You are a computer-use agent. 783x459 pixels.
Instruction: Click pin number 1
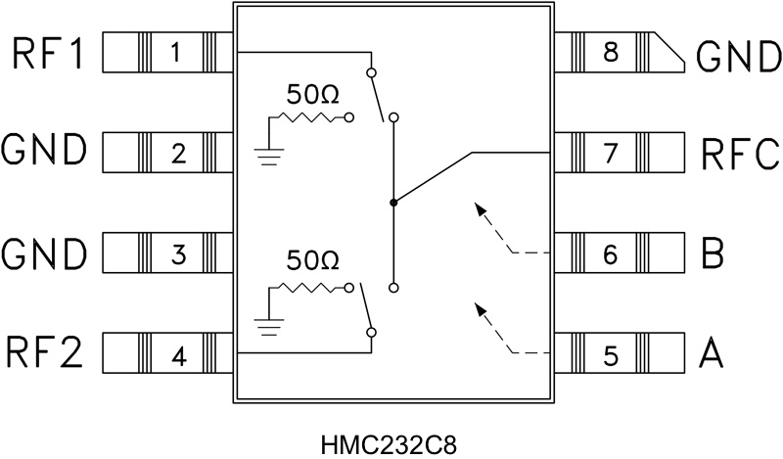tap(175, 52)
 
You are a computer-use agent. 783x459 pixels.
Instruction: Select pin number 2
tap(177, 153)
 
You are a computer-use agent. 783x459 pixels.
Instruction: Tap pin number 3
tap(178, 255)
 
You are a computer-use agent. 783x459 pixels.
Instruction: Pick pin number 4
tap(178, 356)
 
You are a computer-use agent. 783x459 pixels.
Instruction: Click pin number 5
tap(609, 356)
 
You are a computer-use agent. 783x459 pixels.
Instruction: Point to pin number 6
tap(609, 255)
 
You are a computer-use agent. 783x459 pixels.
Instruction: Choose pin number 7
tap(609, 153)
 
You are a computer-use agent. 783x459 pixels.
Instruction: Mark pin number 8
tap(609, 52)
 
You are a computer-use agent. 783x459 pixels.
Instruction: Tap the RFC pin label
tap(739, 154)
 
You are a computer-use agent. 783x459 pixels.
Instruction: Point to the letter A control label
tap(712, 354)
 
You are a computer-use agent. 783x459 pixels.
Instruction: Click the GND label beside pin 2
tap(45, 154)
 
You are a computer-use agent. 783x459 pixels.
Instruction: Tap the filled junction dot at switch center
tap(392, 203)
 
